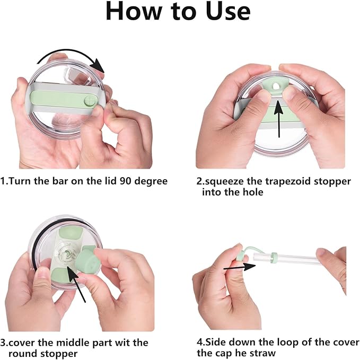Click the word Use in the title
click(228, 11)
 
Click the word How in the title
click(134, 11)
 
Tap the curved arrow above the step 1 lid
click(72, 57)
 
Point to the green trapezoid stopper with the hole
click(275, 86)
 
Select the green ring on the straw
click(274, 258)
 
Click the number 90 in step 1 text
click(126, 181)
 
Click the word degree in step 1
click(151, 182)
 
